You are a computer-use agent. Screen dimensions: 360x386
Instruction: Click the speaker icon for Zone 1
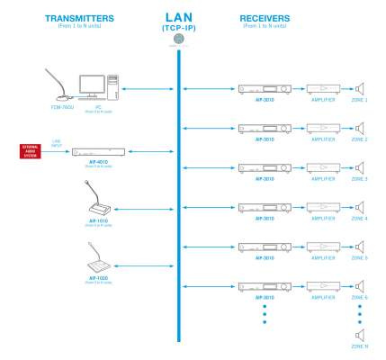[358, 89]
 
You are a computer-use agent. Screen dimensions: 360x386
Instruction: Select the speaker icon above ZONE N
[359, 337]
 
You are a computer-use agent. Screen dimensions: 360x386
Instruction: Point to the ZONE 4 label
[360, 219]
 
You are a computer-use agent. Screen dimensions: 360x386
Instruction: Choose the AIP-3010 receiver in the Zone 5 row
[265, 246]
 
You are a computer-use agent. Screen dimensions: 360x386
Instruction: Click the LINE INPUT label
[57, 142]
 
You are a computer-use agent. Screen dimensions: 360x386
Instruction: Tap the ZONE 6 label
[360, 297]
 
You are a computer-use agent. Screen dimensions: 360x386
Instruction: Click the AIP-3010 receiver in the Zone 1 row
[265, 89]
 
